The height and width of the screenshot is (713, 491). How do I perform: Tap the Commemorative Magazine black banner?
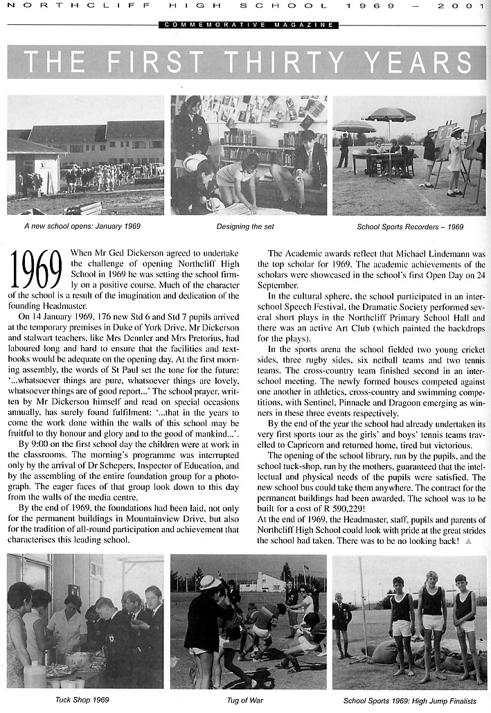pyautogui.click(x=248, y=25)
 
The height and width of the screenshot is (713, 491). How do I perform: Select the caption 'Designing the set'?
pyautogui.click(x=248, y=227)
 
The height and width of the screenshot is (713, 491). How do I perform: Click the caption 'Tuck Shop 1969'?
pyautogui.click(x=82, y=700)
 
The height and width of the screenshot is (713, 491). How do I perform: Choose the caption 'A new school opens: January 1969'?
pyautogui.click(x=82, y=227)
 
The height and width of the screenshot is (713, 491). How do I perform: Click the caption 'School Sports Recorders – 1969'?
pyautogui.click(x=410, y=227)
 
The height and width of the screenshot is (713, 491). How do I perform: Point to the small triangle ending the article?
pyautogui.click(x=469, y=540)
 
